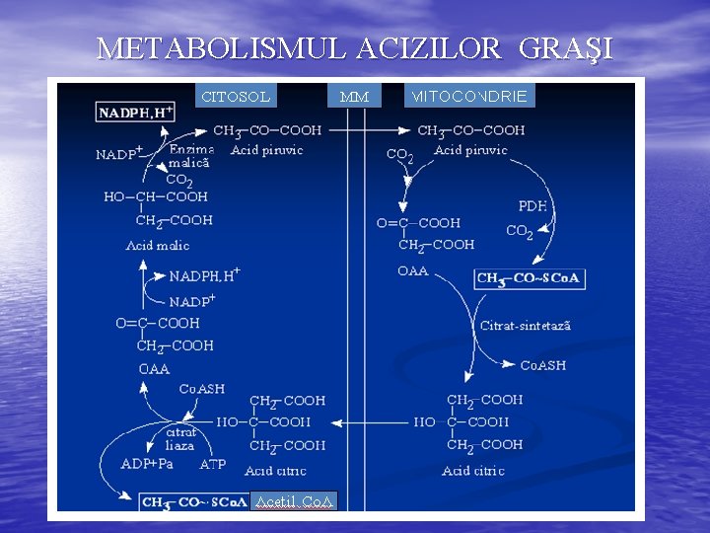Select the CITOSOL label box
pos(236,97)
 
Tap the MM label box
pos(354,97)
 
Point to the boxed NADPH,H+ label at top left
pos(136,113)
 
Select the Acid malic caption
pos(158,245)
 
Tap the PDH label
pos(532,206)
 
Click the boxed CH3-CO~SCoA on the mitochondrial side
pos(529,279)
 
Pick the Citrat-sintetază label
pos(526,326)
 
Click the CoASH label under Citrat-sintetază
pos(542,365)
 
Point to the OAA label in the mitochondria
pos(412,270)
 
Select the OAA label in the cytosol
pos(154,369)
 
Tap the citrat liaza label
pos(180,438)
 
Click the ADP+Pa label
pos(147,463)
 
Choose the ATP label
pos(213,463)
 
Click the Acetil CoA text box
pos(295,501)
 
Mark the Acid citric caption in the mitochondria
pos(473,471)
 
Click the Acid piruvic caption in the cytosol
pos(266,150)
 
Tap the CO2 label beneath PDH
pos(520,232)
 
